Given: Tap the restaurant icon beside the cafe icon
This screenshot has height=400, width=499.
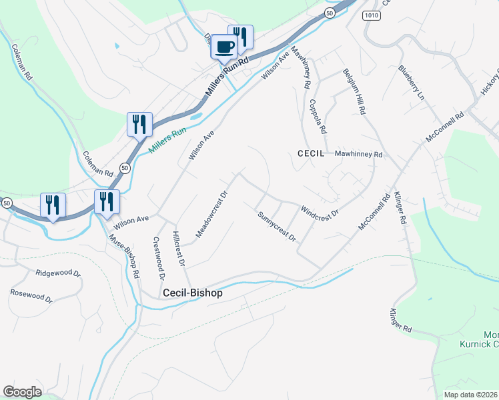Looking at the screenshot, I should [241, 37].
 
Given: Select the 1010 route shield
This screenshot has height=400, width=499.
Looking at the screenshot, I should [372, 15].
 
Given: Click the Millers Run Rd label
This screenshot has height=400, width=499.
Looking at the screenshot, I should [227, 77].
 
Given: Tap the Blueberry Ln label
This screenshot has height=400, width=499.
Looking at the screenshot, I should [411, 83].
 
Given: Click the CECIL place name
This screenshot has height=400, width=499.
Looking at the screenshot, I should [310, 153].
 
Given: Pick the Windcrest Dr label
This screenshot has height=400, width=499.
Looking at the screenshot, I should [320, 211].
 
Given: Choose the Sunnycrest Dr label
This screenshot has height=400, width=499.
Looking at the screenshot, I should [277, 225].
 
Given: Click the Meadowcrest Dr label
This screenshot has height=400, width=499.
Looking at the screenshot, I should [212, 214].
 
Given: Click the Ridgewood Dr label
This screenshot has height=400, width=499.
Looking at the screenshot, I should [58, 273].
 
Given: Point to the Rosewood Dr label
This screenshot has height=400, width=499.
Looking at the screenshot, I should [31, 296].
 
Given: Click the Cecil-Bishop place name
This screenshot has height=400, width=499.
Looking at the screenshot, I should [193, 293].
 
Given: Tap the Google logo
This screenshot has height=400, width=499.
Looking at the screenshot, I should [22, 391].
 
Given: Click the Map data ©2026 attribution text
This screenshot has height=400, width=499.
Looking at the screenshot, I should [470, 395].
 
